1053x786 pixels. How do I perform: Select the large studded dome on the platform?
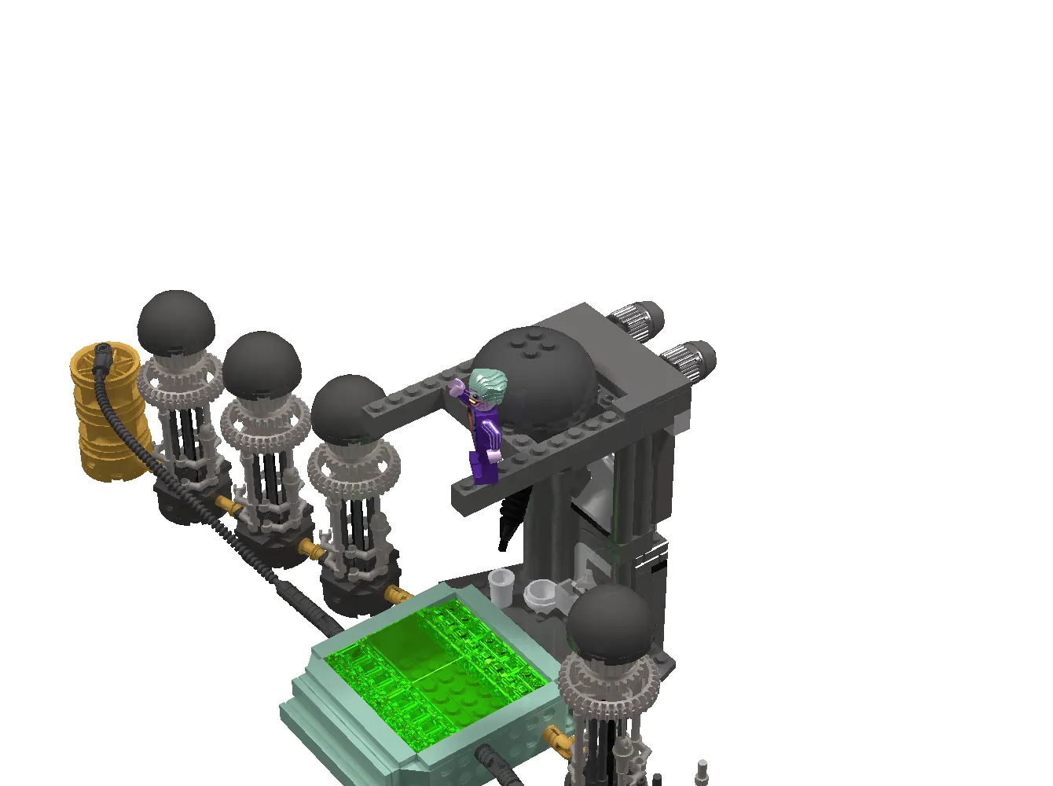542,369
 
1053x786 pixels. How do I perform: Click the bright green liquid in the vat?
432,668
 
